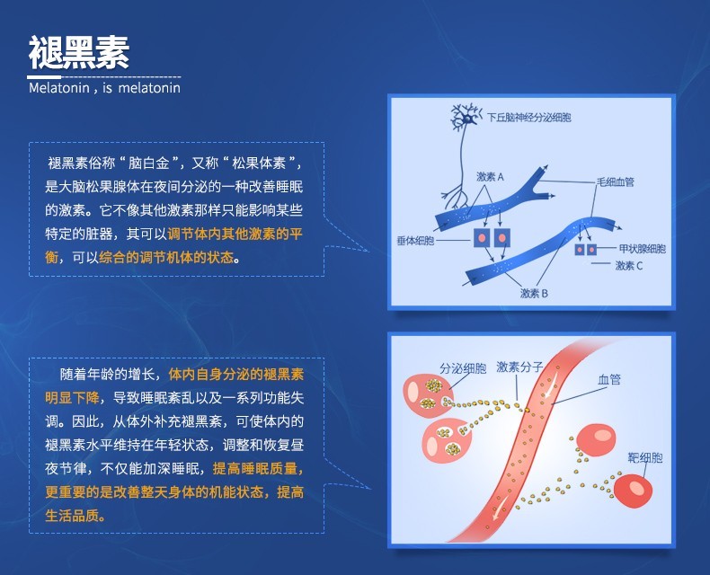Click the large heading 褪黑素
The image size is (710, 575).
click(x=79, y=54)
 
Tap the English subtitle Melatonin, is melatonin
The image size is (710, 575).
click(x=104, y=88)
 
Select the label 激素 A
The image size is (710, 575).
click(x=490, y=177)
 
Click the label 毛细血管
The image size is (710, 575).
click(x=615, y=181)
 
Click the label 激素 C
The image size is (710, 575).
click(x=628, y=266)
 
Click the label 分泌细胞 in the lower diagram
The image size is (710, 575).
click(x=463, y=367)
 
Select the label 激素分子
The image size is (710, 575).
click(x=519, y=367)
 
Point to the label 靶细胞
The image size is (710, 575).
click(x=645, y=458)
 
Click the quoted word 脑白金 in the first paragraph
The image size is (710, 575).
click(x=149, y=164)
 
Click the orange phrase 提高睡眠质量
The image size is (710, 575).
click(x=257, y=468)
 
